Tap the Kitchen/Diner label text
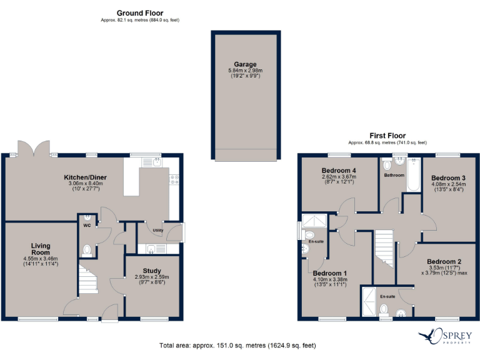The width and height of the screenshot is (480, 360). point(86,177)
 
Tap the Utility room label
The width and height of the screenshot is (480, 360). point(157,229)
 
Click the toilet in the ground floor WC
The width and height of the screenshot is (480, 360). point(87,251)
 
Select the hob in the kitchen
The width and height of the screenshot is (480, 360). point(174,180)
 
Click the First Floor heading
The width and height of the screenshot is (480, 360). point(387,136)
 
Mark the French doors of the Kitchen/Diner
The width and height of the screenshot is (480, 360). point(35,148)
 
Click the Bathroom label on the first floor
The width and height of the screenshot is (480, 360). point(394,176)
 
